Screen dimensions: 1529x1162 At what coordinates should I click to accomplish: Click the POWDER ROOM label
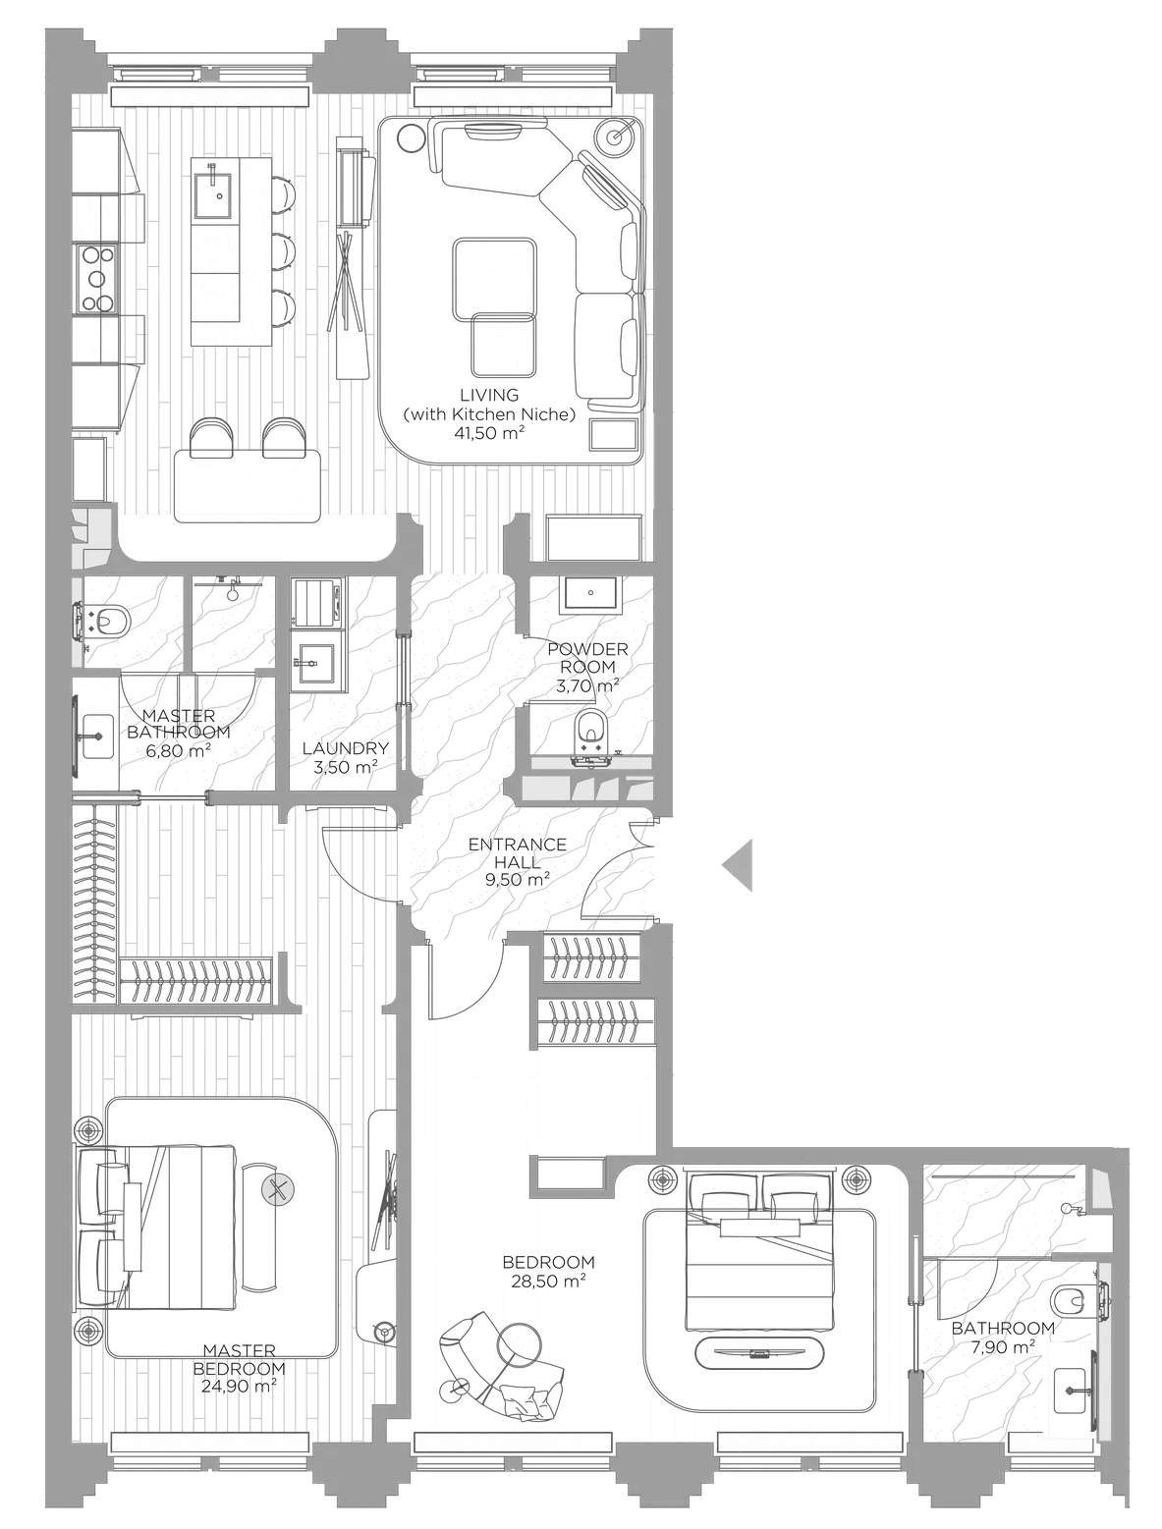click(587, 658)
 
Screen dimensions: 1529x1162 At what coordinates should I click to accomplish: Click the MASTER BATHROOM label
click(178, 724)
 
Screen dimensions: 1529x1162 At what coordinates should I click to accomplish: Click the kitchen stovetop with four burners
click(96, 278)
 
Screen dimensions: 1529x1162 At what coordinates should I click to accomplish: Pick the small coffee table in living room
click(503, 344)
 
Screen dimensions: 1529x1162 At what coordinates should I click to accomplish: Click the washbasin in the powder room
click(587, 593)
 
